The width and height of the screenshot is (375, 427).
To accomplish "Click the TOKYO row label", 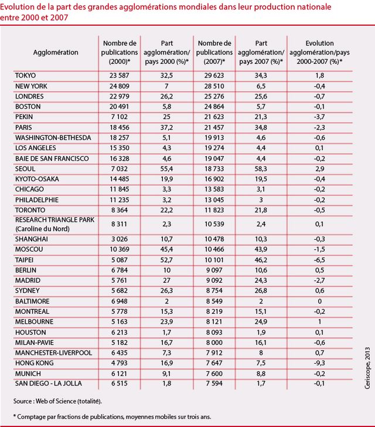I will click(26, 75).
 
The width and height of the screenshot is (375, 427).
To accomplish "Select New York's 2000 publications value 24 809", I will click(120, 86).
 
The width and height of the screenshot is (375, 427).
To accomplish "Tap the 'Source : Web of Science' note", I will click(58, 401).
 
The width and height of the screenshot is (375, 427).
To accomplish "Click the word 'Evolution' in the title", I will click(17, 6).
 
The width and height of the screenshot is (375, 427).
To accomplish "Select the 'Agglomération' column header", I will click(55, 52).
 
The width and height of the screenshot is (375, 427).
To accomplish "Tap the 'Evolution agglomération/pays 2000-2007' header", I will click(324, 52).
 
